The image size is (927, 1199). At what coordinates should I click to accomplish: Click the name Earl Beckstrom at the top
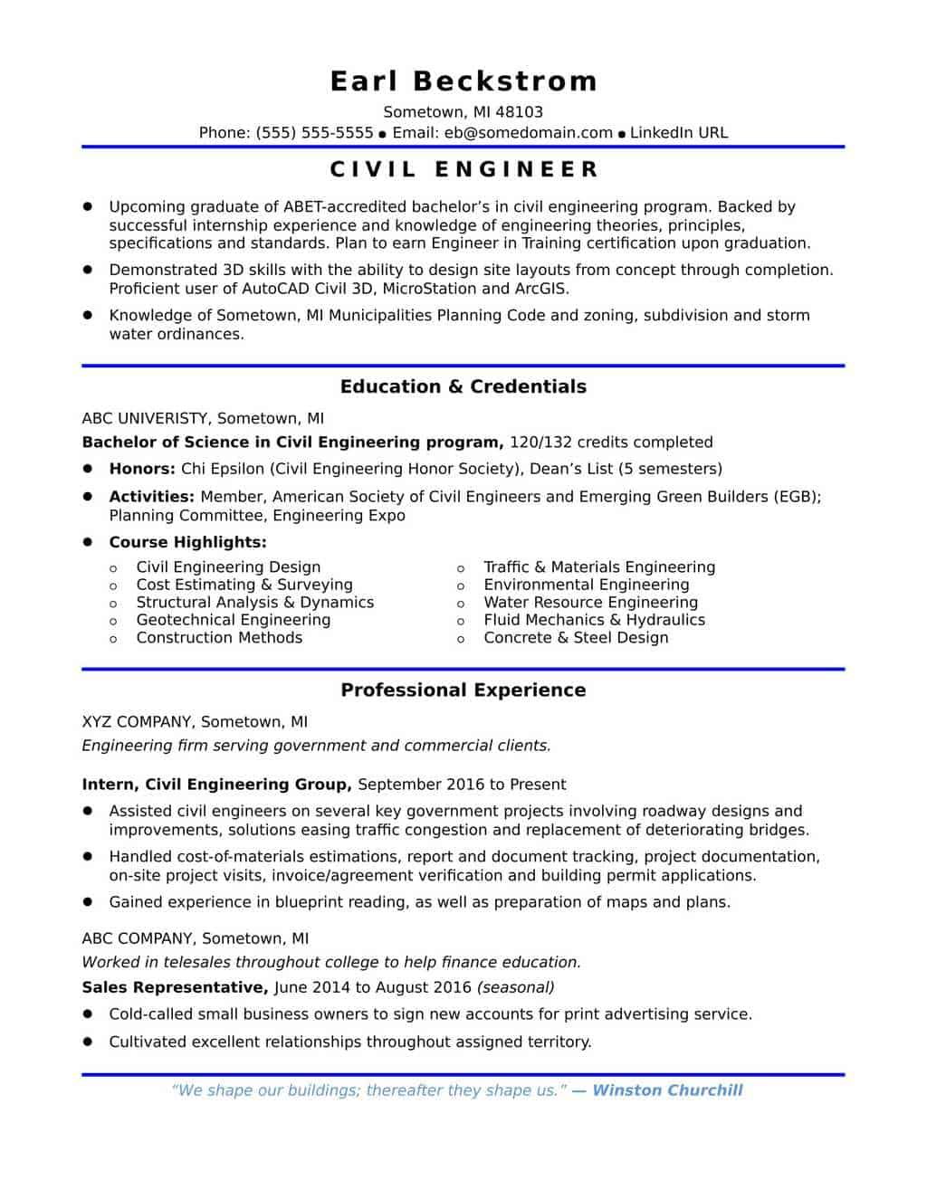click(463, 81)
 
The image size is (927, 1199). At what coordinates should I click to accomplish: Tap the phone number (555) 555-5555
click(314, 133)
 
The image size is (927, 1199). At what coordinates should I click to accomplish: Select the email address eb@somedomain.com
click(529, 133)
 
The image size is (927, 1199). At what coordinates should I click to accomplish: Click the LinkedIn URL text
click(678, 133)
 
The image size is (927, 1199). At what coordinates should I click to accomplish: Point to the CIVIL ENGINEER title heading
click(463, 169)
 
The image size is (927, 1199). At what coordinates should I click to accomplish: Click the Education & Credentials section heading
click(463, 386)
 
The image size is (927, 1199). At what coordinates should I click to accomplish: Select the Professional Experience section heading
click(463, 690)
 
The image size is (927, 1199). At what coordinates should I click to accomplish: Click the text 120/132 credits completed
click(611, 442)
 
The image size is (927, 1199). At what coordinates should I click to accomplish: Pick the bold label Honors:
click(142, 469)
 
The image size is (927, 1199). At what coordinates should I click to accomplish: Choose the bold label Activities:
click(151, 497)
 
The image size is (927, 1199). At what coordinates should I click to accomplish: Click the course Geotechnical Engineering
click(233, 620)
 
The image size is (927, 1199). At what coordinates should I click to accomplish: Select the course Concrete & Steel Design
click(576, 638)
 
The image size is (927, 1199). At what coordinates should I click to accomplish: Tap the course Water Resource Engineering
click(590, 603)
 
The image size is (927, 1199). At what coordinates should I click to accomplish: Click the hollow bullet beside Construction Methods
click(113, 639)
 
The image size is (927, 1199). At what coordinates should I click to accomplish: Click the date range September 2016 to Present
click(462, 785)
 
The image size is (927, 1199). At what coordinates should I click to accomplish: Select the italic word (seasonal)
click(515, 987)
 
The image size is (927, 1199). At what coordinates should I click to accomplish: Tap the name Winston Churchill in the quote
click(667, 1090)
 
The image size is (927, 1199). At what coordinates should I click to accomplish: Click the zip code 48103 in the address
click(520, 112)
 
